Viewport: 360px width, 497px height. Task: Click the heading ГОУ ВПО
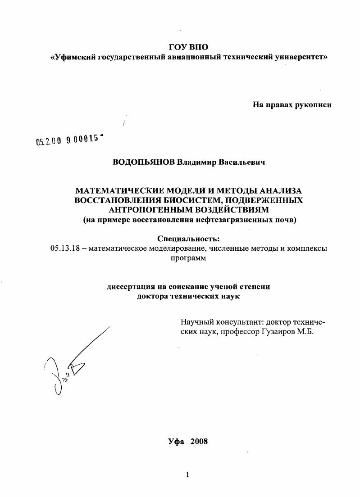click(x=189, y=47)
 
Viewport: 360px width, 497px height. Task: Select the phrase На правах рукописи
click(x=292, y=105)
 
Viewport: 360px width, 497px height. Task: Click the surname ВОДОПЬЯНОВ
click(x=144, y=162)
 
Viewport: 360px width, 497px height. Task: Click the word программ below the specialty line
click(x=188, y=258)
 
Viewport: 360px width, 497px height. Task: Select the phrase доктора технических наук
click(x=188, y=296)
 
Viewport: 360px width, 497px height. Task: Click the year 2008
click(x=199, y=441)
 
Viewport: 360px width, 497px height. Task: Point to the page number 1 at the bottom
click(x=187, y=474)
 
